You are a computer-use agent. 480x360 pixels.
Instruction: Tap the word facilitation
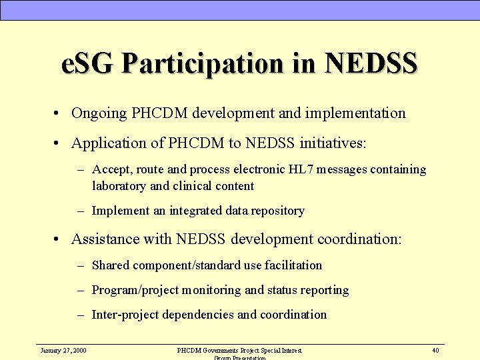[293, 265]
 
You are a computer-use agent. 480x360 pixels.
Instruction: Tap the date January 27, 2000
[63, 350]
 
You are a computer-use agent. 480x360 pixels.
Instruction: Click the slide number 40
[435, 350]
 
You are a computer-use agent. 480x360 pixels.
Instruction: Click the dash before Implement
[80, 211]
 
